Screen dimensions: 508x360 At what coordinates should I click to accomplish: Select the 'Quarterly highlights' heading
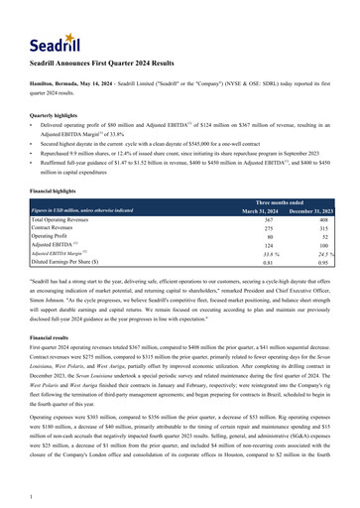coord(54,114)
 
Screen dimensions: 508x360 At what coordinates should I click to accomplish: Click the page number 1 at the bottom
coord(33,497)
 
